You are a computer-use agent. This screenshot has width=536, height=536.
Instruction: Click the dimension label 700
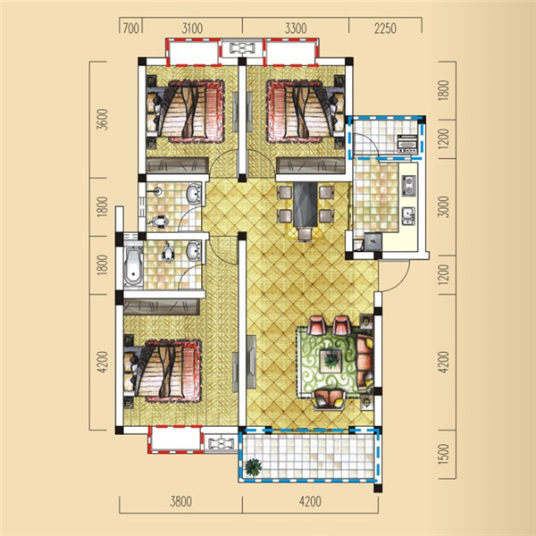tap(131, 29)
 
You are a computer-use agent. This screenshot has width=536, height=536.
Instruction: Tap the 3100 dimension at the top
tap(192, 29)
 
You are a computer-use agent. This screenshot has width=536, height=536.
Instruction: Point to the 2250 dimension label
tap(385, 29)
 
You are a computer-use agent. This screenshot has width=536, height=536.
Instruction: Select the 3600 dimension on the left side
tap(102, 120)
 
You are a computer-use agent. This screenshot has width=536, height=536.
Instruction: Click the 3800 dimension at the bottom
tap(181, 501)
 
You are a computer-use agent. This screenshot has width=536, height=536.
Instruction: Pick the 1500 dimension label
tap(443, 454)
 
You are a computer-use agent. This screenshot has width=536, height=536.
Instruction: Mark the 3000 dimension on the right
tap(443, 206)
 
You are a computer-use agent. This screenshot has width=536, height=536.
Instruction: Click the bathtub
tap(133, 264)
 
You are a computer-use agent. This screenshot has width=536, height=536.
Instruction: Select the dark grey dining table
tap(305, 204)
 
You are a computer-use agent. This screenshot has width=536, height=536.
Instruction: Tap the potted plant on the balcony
tap(254, 467)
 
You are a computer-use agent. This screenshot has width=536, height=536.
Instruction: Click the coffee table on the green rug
tap(331, 360)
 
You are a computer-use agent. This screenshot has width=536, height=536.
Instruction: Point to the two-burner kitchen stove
tap(408, 185)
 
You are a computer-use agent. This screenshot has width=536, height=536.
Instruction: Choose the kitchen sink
tap(408, 215)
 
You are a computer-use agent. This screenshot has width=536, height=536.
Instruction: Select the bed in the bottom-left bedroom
tap(163, 370)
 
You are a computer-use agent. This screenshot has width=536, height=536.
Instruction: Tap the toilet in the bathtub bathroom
tap(168, 253)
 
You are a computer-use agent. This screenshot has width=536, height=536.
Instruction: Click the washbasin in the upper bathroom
tap(194, 194)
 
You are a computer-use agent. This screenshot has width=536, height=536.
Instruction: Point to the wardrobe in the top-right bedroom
tap(310, 165)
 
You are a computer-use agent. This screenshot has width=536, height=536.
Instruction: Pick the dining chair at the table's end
tap(305, 234)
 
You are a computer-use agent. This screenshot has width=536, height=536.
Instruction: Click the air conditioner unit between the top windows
tap(242, 48)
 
